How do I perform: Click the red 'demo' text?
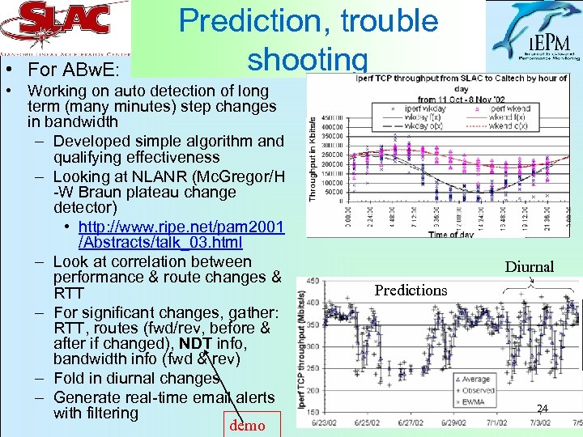(246, 426)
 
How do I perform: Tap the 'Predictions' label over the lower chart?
(411, 290)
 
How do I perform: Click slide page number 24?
(543, 409)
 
